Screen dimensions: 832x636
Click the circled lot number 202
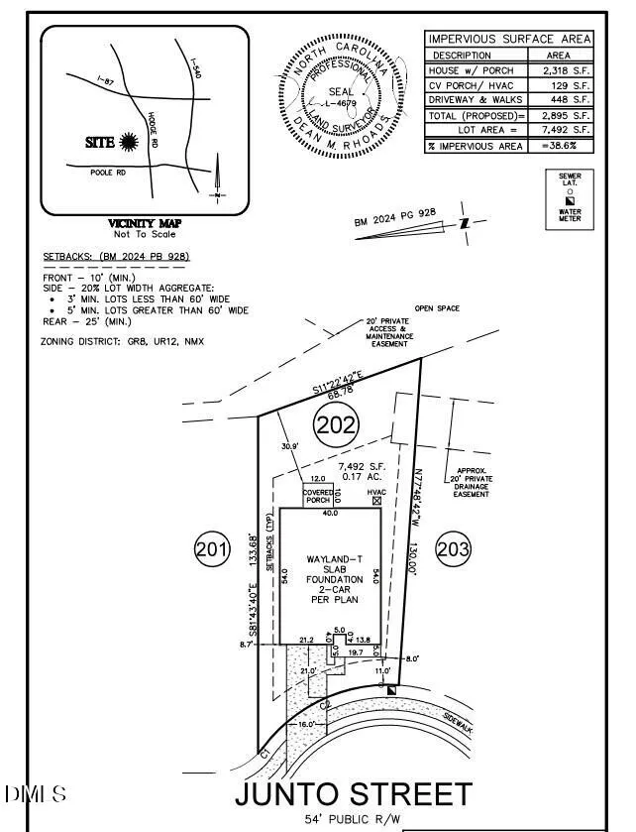coord(336,426)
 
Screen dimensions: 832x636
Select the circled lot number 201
coord(212,549)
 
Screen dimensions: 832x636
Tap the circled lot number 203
coord(452,551)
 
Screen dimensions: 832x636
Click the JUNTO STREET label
coord(353,794)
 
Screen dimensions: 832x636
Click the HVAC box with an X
coord(375,502)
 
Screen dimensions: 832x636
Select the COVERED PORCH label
coord(318,496)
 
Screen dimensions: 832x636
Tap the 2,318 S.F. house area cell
coord(565,71)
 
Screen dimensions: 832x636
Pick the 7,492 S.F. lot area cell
coord(565,129)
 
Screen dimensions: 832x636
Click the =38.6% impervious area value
coord(565,145)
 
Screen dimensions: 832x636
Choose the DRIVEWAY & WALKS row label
coord(474,99)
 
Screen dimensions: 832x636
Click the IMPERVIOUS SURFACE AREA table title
coord(509,39)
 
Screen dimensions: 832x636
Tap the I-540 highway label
coord(194,72)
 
